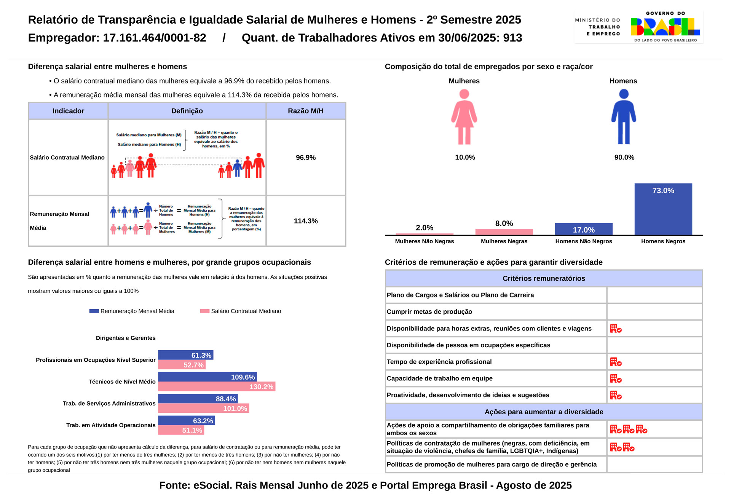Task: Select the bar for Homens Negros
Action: pyautogui.click(x=663, y=209)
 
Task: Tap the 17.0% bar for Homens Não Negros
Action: pyautogui.click(x=584, y=229)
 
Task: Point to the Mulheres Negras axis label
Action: pyautogui.click(x=504, y=241)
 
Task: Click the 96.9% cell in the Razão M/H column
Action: pyautogui.click(x=306, y=158)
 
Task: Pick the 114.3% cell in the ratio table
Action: pyautogui.click(x=306, y=221)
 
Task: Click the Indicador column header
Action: pyautogui.click(x=68, y=111)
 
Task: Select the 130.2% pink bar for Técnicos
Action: pyautogui.click(x=217, y=387)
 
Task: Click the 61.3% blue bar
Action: pyautogui.click(x=185, y=355)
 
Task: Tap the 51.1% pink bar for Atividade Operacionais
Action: pyautogui.click(x=181, y=430)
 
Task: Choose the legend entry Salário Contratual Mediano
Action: pyautogui.click(x=246, y=311)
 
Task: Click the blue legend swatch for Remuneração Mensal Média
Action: pyautogui.click(x=94, y=311)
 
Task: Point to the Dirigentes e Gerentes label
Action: pyautogui.click(x=126, y=338)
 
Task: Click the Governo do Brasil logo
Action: pyautogui.click(x=665, y=27)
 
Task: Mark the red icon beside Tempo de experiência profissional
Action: pyautogui.click(x=616, y=362)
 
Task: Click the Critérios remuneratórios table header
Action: pyautogui.click(x=544, y=278)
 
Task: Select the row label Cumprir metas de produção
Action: pyautogui.click(x=429, y=312)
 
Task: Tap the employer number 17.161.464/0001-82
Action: pyautogui.click(x=155, y=38)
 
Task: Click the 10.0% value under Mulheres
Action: pyautogui.click(x=465, y=157)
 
